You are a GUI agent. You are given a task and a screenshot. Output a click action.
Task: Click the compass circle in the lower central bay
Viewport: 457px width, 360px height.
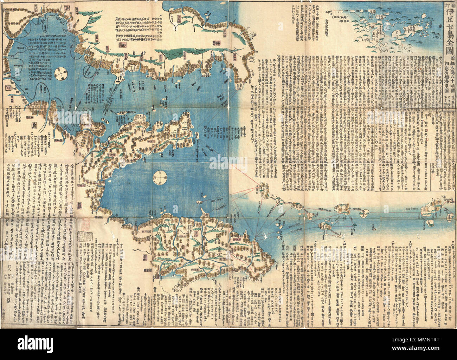coord(160,176)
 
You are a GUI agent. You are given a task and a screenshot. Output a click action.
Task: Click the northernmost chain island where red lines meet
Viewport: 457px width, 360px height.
coord(263,189)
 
